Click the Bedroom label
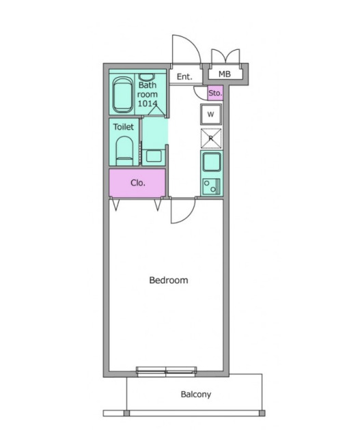pos(169,281)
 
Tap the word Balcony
pos(196,395)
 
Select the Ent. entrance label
pos(184,76)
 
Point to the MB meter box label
pos(225,74)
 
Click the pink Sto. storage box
pos(215,93)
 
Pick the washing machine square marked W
pos(210,115)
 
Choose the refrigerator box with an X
pos(211,139)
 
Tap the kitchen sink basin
pos(212,162)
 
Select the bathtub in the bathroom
pos(122,95)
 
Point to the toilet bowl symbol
pos(124,151)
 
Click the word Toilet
pos(124,127)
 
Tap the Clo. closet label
pos(138,183)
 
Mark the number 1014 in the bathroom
pos(148,103)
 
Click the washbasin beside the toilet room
pos(154,156)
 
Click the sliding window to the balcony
pos(167,371)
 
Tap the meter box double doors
pos(225,56)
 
